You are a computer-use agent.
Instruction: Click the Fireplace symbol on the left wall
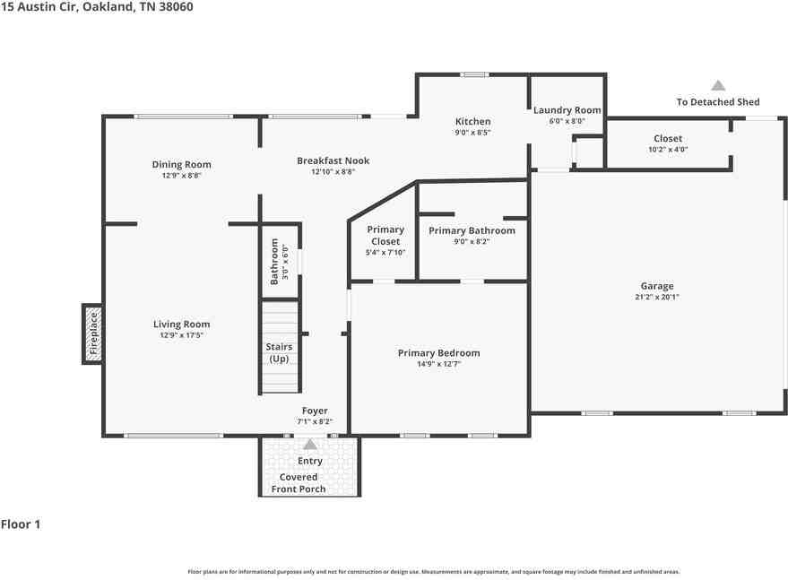(93, 333)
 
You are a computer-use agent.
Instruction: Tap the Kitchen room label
(472, 121)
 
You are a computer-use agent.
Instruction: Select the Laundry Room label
(567, 110)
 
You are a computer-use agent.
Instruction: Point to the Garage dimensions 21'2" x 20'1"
(657, 297)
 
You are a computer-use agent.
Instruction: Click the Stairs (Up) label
(279, 353)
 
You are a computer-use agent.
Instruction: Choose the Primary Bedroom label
(438, 353)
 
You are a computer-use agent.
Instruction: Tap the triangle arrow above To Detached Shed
(718, 85)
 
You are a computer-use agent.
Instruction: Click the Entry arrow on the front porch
(310, 445)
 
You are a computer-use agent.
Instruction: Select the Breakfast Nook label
(333, 160)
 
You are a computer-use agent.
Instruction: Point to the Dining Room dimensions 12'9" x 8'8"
(181, 176)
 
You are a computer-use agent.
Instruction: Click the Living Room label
(181, 325)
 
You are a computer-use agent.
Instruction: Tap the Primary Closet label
(385, 235)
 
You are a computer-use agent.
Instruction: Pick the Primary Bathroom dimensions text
(472, 242)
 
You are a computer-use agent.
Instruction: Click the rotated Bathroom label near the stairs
(274, 262)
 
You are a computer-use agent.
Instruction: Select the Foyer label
(315, 411)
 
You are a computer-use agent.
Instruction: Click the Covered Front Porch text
(299, 483)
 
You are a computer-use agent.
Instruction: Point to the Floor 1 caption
(21, 524)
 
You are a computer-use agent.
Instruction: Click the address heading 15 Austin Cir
(39, 6)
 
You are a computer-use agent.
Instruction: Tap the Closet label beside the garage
(668, 138)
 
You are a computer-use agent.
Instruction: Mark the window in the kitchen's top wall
(474, 75)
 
